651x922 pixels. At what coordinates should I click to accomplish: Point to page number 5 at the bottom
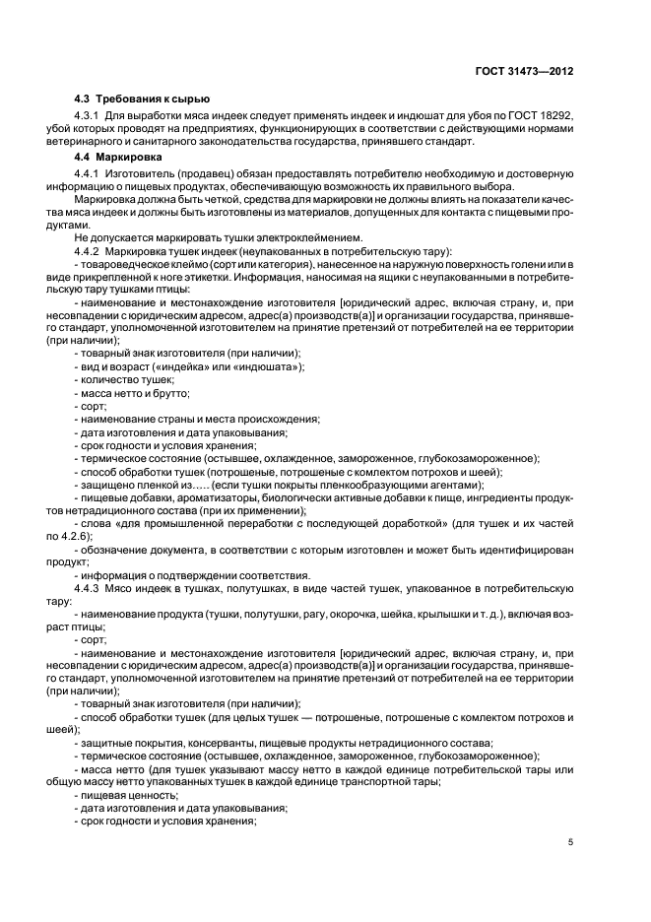(571, 842)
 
